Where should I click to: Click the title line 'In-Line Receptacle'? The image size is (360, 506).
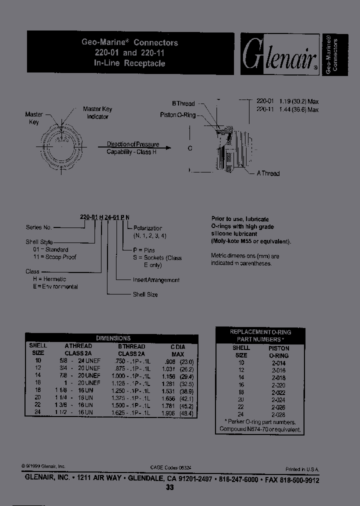point(129,63)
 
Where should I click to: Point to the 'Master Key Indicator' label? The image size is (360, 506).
point(97,112)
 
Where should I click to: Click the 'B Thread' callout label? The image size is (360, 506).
point(183,103)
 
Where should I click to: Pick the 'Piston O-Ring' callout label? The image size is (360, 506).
point(178,115)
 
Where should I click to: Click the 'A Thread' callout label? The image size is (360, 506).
point(267,173)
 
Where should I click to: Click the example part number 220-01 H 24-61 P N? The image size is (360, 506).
point(105,216)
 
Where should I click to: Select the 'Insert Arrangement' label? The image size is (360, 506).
point(156,280)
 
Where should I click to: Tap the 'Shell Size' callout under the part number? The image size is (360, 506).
point(145,294)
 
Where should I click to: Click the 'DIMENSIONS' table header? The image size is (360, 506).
point(113,338)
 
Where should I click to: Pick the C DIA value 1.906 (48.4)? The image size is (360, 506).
point(178,412)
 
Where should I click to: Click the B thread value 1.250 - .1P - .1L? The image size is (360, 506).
point(130,390)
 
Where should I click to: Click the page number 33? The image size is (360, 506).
point(170,488)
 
